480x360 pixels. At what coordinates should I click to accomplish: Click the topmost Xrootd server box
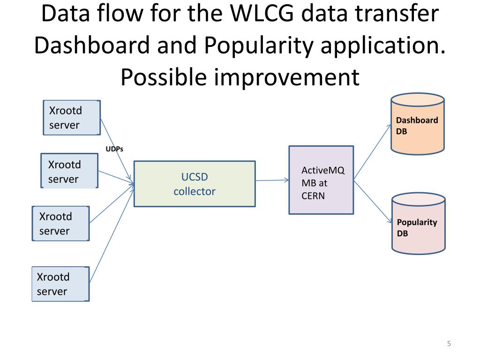point(71,118)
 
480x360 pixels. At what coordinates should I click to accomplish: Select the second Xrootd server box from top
point(69,171)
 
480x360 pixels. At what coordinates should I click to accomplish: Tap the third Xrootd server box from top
point(60,224)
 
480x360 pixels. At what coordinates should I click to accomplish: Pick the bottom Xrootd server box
point(60,284)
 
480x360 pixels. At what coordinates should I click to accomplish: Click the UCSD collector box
point(195,184)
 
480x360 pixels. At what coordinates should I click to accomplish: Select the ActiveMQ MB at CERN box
point(321,180)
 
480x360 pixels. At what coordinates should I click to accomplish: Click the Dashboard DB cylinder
point(417,124)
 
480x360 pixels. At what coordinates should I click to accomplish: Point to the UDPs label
point(114,150)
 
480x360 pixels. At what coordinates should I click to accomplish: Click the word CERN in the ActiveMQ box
point(313,196)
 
